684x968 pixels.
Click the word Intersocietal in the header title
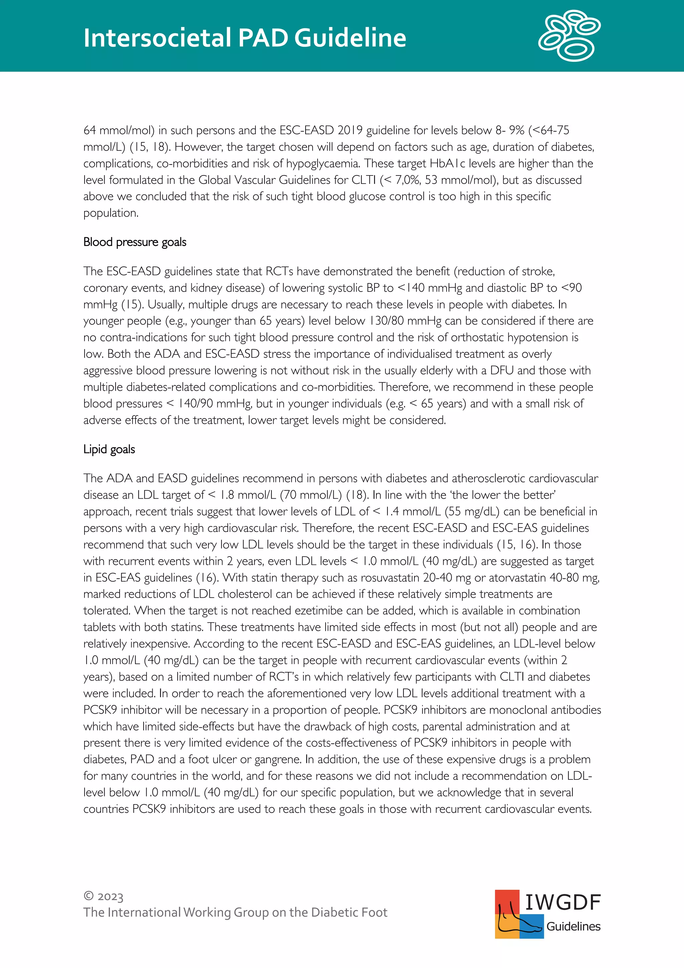(x=157, y=38)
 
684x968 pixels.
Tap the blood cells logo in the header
(x=569, y=36)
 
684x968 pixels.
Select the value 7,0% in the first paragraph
(x=406, y=180)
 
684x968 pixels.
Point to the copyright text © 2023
(x=103, y=896)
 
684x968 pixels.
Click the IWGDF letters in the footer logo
(x=562, y=902)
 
